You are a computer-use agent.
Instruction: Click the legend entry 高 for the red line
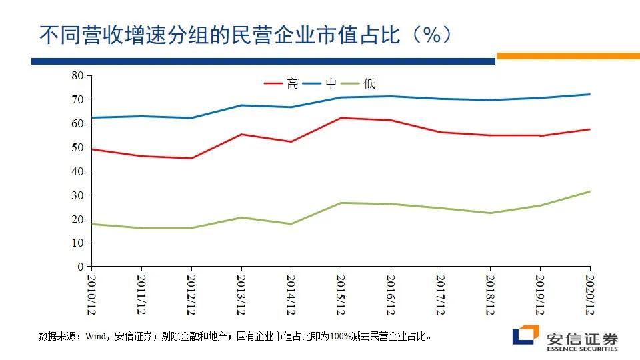292,83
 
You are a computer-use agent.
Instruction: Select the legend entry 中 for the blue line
331,83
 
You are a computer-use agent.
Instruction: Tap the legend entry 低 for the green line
369,83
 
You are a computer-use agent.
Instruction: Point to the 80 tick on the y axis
78,75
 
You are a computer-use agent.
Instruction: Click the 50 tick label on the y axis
78,147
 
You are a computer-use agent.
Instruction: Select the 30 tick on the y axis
78,195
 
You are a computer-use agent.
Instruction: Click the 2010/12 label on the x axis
92,294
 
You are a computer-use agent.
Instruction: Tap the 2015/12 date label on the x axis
341,294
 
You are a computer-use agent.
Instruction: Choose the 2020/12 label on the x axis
589,294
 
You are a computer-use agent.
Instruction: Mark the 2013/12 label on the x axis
241,294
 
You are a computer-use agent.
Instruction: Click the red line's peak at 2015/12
341,118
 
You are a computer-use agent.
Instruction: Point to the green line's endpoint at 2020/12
589,191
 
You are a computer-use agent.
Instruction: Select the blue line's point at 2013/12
241,105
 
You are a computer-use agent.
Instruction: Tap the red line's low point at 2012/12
191,158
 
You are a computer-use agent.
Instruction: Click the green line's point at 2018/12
490,213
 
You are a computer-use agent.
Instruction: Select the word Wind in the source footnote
92,336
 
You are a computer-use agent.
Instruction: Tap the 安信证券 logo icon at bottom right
525,335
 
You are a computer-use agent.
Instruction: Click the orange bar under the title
567,57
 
